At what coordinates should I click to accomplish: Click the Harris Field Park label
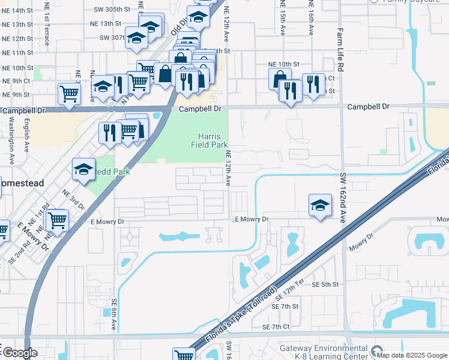click(x=209, y=140)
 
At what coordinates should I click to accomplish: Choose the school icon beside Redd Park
click(x=83, y=169)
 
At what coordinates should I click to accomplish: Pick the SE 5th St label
click(x=326, y=284)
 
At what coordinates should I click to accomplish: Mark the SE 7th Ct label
click(x=276, y=327)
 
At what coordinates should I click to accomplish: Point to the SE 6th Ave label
click(x=113, y=316)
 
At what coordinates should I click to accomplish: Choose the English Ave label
click(x=27, y=137)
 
